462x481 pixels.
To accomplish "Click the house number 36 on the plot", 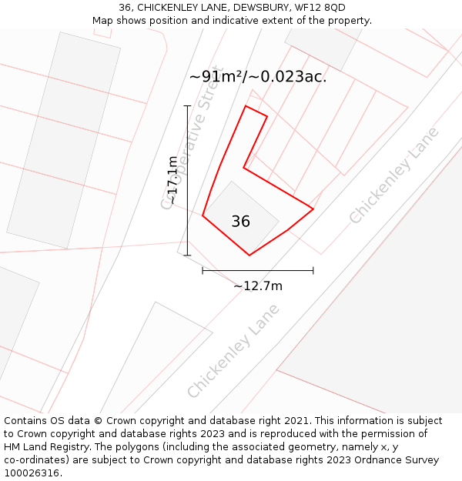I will tap(240, 222).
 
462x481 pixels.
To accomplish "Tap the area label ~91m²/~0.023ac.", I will tap(258, 76).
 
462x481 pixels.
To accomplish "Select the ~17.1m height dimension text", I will tap(173, 180).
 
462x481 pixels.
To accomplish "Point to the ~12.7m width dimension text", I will tap(258, 286).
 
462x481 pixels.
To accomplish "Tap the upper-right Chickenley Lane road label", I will tap(393, 175).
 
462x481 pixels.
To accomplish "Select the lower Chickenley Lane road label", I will tap(233, 351).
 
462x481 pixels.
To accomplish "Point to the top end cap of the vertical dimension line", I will tap(187, 105).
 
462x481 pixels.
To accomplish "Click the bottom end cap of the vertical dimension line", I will tap(187, 255).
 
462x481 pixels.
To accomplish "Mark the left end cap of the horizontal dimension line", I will tap(203, 270).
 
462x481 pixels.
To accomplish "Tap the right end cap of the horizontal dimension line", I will tap(313, 270).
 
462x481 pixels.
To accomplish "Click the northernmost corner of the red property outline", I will tap(246, 106).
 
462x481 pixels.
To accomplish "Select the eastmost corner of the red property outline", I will tap(313, 209).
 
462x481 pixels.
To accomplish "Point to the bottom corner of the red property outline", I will tap(249, 255).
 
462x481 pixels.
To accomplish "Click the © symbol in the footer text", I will tap(99, 421).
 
